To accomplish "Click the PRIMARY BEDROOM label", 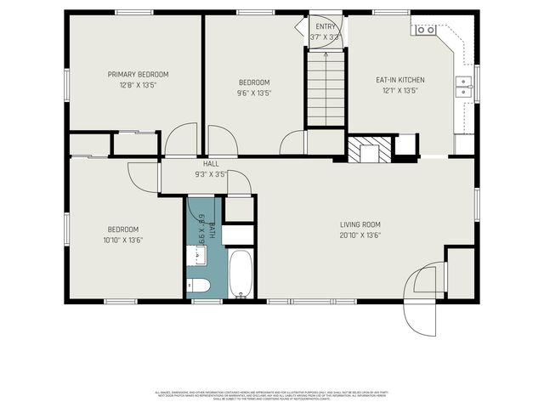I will pyautogui.click(x=138, y=74).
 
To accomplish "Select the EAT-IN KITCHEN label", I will pyautogui.click(x=400, y=80).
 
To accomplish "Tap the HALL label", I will pyautogui.click(x=211, y=163).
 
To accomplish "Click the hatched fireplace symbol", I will pyautogui.click(x=369, y=150).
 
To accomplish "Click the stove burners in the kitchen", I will pyautogui.click(x=424, y=30).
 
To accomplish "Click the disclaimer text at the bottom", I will pyautogui.click(x=272, y=395).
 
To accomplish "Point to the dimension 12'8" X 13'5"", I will pyautogui.click(x=138, y=85).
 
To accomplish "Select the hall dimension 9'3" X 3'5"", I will pyautogui.click(x=211, y=174).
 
